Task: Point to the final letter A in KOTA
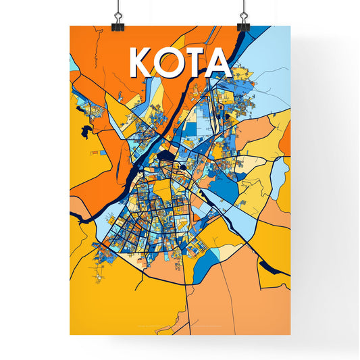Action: (220, 62)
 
